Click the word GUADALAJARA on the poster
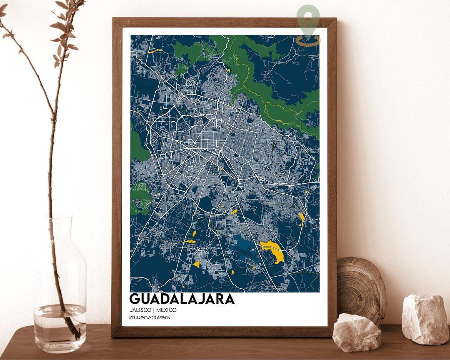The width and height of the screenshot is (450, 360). [x=182, y=299]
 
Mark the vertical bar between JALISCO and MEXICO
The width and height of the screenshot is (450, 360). [x=153, y=310]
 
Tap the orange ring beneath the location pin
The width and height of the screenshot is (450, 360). [x=308, y=40]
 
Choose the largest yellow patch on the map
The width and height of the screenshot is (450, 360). [x=273, y=250]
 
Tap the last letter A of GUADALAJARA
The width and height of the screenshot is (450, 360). [x=230, y=299]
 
